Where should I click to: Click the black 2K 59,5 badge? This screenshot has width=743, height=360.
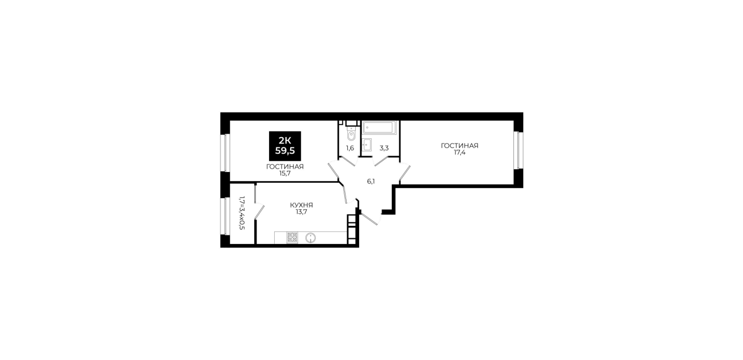[285, 146]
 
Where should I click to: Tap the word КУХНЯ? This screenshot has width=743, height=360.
[301, 205]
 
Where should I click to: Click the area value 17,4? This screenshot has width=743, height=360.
[459, 153]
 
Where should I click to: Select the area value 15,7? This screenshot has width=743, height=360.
[284, 173]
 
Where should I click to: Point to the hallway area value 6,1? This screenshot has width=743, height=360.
[371, 181]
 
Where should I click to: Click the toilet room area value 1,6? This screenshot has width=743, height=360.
[350, 148]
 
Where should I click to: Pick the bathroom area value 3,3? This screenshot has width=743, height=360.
[384, 148]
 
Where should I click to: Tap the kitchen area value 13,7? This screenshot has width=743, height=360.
[301, 212]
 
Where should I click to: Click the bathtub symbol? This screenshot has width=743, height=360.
[379, 128]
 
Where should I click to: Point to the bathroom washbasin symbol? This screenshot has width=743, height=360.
[367, 145]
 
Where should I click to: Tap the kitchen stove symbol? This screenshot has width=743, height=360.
[292, 238]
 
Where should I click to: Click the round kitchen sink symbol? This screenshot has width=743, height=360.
[311, 238]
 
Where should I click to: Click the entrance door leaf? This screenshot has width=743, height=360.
[368, 217]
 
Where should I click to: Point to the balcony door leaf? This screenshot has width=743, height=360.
[259, 212]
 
